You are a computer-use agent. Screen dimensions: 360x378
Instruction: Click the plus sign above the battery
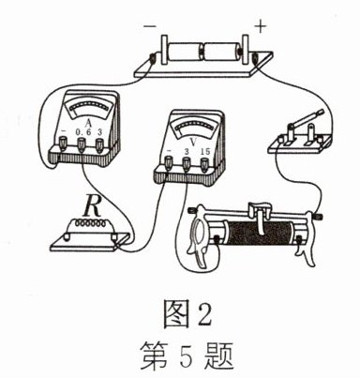click(261, 27)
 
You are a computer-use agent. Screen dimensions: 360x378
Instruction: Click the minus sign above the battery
click(150, 26)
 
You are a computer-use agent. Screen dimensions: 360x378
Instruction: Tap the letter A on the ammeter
click(88, 123)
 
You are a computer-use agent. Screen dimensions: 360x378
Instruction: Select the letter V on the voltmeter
click(194, 143)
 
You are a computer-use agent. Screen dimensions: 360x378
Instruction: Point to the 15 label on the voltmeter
click(205, 152)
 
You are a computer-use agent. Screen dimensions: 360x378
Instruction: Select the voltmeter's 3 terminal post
click(187, 163)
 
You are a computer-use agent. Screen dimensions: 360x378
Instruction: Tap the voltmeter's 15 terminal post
click(204, 164)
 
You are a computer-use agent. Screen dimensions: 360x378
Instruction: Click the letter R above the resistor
click(92, 206)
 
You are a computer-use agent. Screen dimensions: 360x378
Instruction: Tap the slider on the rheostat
click(260, 216)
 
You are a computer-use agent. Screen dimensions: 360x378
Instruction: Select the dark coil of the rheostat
click(262, 232)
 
